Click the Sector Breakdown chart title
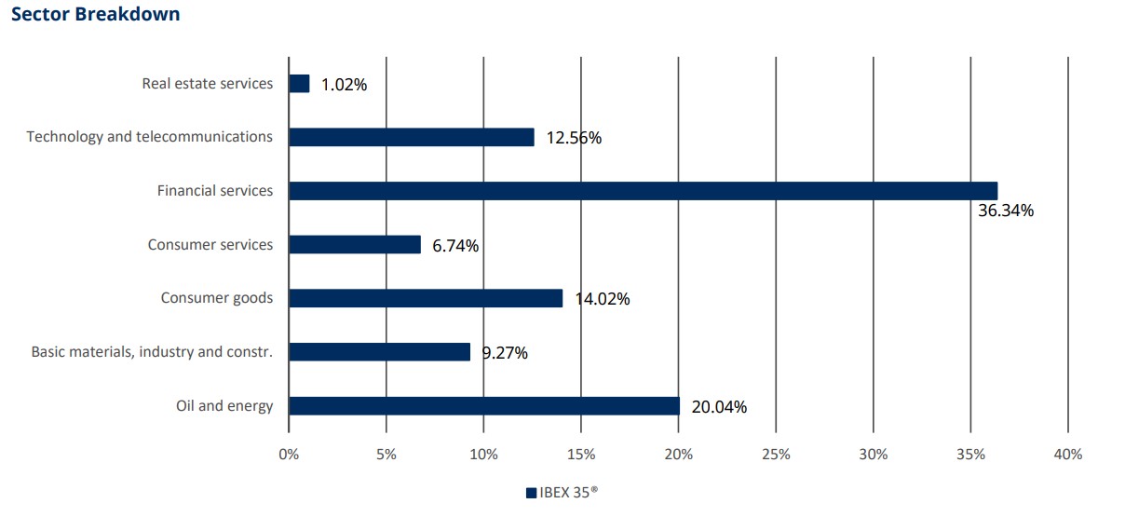point(96,15)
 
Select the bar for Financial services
point(643,191)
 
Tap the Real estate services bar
point(299,84)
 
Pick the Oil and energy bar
point(484,406)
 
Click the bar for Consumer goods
point(426,298)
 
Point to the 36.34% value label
point(1005,211)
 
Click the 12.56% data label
point(574,139)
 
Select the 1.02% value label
point(344,85)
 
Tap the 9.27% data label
point(505,353)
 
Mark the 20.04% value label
point(719,407)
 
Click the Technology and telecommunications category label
point(150,137)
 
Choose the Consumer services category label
point(210,245)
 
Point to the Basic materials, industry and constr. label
point(152,352)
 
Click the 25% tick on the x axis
point(776,455)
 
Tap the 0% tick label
point(289,455)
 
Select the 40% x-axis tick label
point(1067,455)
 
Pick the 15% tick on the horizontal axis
point(581,455)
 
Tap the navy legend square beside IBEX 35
point(531,494)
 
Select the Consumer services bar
point(355,245)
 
